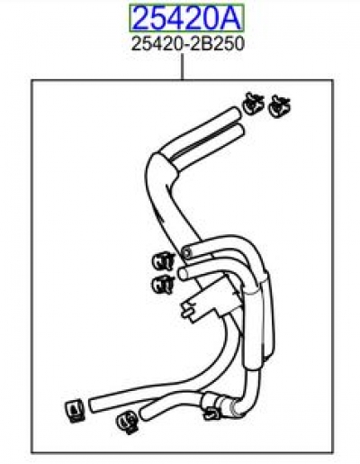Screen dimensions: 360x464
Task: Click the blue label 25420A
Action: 186,18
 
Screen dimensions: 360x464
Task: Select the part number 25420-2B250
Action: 188,44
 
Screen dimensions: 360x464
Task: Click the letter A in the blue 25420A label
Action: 229,18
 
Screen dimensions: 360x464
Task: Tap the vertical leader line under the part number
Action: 182,67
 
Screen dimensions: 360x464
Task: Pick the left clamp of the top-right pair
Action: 253,104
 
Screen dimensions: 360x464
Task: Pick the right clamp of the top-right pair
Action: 279,106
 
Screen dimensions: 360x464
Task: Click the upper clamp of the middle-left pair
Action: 163,261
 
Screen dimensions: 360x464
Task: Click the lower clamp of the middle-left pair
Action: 163,284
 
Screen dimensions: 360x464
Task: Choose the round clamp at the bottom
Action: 127,422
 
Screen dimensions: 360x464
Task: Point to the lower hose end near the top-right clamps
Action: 238,132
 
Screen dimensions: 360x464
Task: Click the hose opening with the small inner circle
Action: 186,252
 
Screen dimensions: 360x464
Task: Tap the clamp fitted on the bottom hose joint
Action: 211,406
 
